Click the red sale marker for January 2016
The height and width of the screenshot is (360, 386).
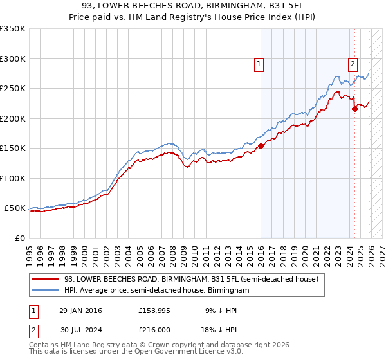[x=261, y=147]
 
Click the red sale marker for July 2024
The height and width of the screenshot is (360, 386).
[x=354, y=109]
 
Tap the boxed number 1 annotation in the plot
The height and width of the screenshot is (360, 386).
[x=259, y=64]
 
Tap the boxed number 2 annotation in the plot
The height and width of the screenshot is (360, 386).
[x=353, y=64]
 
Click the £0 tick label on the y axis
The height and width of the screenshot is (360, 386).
[x=19, y=238]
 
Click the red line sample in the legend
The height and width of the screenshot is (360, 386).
[x=45, y=279]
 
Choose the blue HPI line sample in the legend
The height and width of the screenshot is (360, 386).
[x=45, y=291]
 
